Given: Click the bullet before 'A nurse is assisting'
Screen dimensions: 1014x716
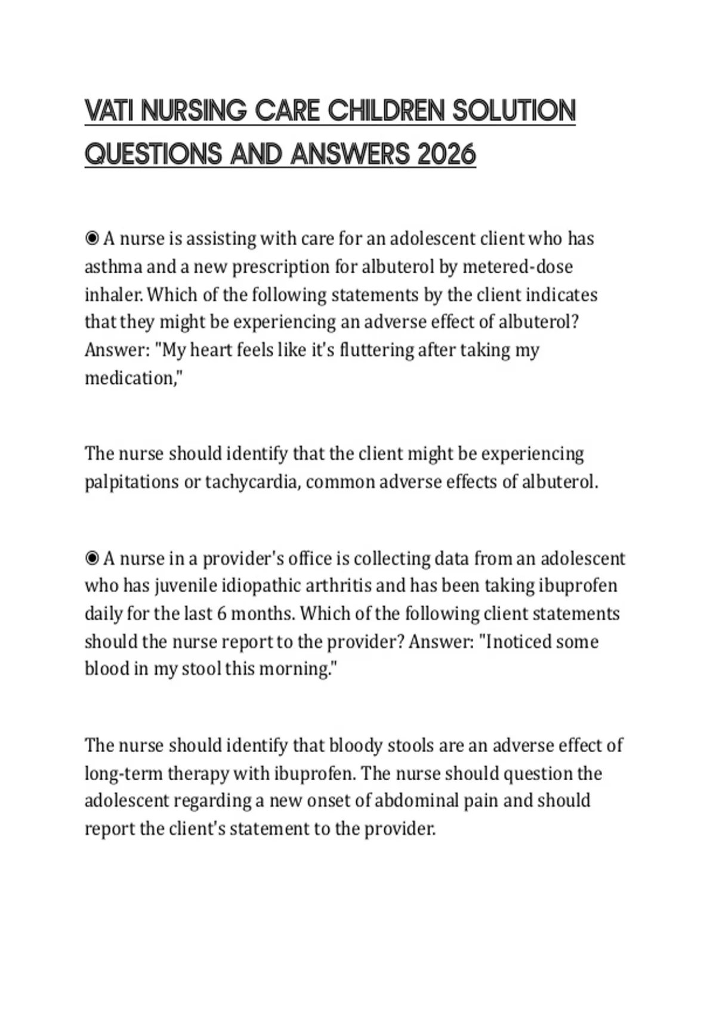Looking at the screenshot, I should [x=92, y=239].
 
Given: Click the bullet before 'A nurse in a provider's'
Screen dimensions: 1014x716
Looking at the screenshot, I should [x=92, y=558].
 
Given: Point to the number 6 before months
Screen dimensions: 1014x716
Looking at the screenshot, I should [x=221, y=614].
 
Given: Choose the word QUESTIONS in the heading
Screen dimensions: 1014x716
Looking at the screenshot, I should [x=152, y=154].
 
